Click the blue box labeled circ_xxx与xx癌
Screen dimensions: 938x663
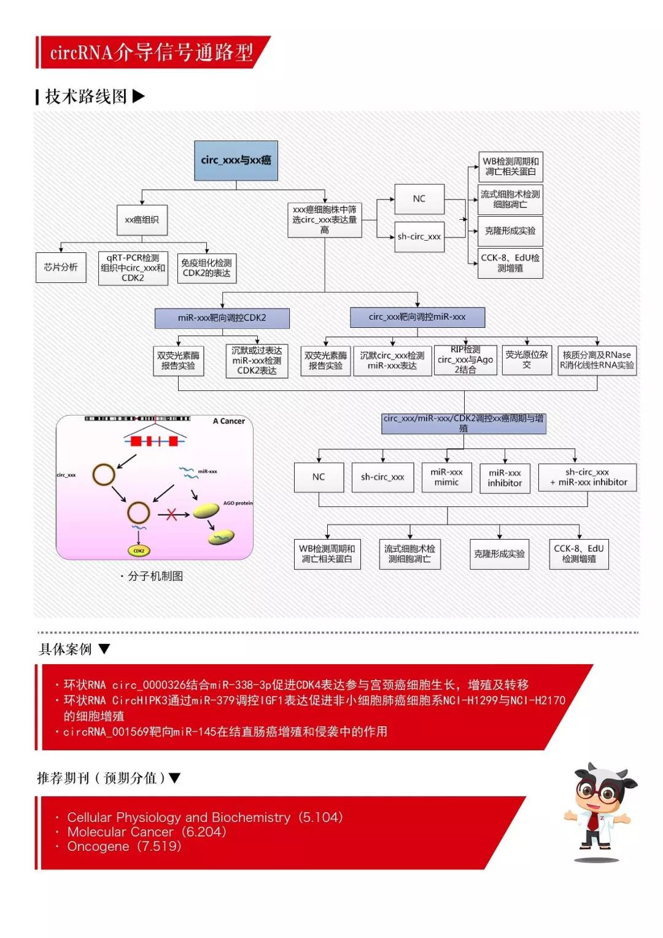coord(236,160)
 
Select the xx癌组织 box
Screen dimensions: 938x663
coord(142,220)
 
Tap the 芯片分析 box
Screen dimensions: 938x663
coord(61,267)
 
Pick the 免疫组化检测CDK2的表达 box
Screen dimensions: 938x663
coord(207,268)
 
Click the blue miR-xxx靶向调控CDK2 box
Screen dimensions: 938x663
coord(222,318)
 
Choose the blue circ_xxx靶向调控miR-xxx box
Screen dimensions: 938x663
coord(417,317)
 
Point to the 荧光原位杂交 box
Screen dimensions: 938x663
coord(527,360)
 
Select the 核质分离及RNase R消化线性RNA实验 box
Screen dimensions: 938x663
coord(597,360)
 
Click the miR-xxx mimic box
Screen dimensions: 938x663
coord(446,477)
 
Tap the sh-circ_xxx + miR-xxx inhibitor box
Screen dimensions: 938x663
coord(587,477)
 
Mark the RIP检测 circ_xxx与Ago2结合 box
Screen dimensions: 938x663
coord(465,360)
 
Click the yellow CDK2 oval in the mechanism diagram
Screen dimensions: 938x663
coord(139,551)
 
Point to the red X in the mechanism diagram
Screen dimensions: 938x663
coord(171,514)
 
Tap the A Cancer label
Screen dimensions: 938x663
coord(228,421)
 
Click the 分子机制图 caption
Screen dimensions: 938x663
coord(155,576)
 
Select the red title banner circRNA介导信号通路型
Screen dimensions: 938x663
coord(152,53)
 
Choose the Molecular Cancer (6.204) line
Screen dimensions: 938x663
coord(147,832)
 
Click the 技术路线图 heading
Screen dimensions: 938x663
coord(87,96)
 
